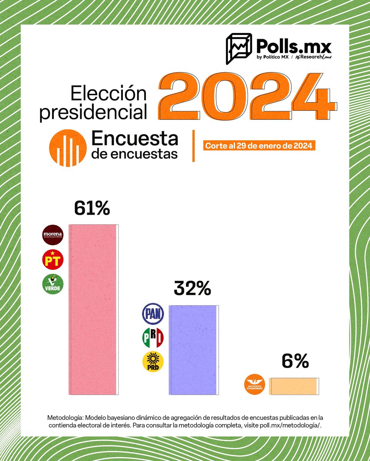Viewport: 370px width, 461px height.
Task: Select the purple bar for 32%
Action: tap(193, 350)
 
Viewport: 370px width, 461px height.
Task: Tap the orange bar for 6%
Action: tap(294, 386)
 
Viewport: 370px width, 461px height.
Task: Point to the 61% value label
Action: tap(92, 209)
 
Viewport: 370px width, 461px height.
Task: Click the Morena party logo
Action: tap(52, 235)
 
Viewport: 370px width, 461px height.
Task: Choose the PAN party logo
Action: tap(153, 313)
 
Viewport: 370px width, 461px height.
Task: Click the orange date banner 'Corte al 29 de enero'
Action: tap(259, 146)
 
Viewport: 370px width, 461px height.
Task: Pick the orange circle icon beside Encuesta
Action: tap(68, 148)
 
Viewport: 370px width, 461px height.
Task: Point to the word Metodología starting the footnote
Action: tap(66, 417)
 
